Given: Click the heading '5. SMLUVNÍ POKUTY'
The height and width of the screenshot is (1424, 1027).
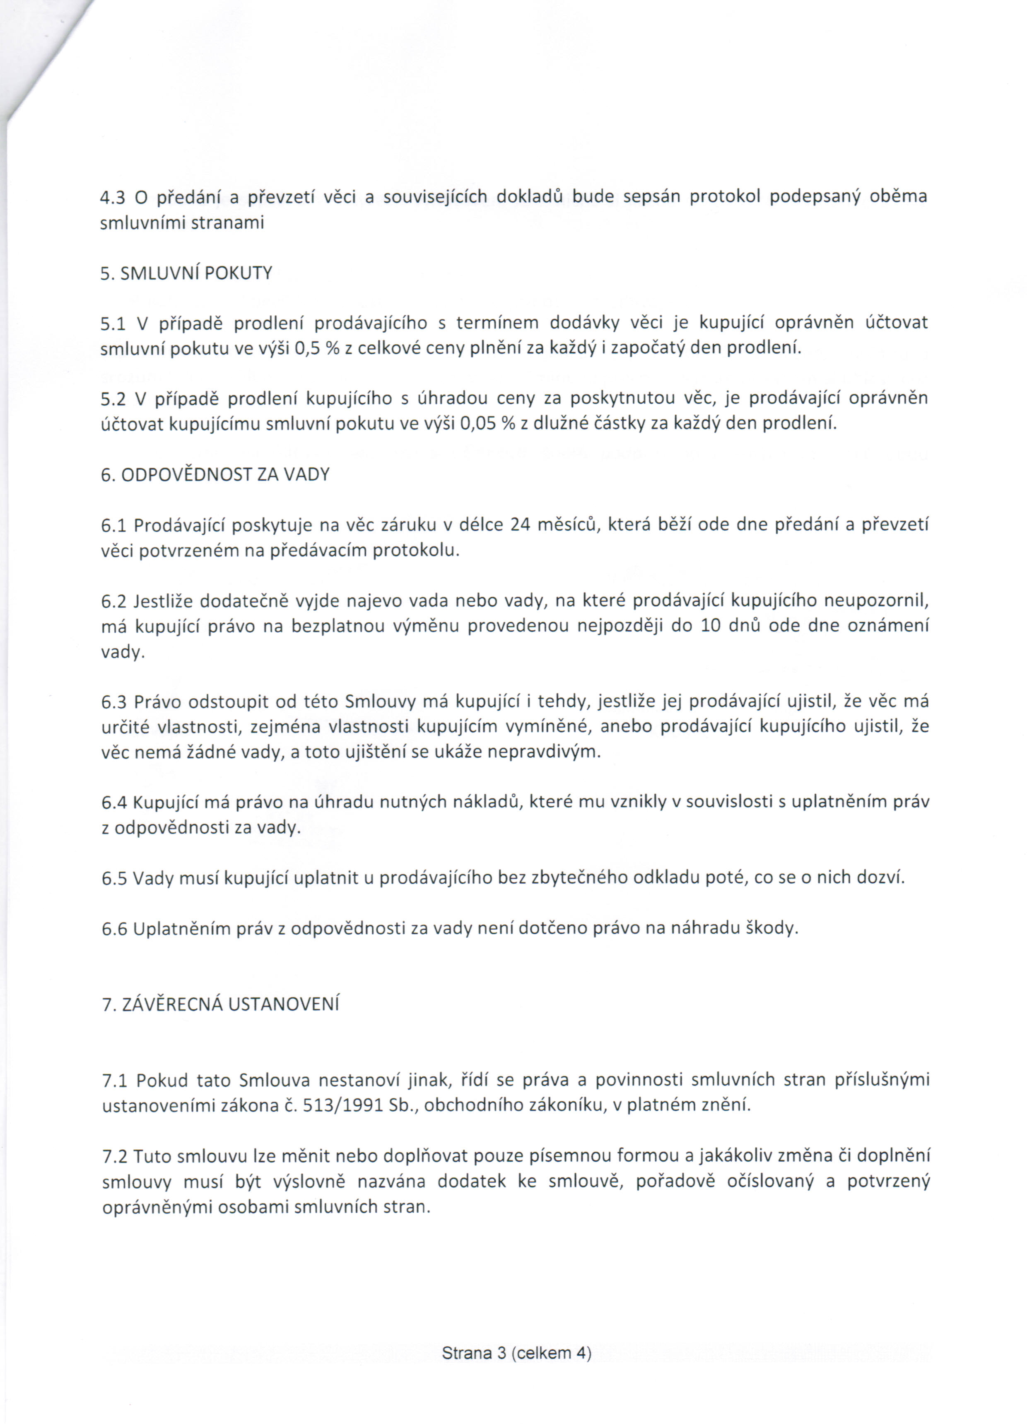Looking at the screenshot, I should click(186, 274).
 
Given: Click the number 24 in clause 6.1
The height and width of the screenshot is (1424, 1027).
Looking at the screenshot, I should click(521, 525).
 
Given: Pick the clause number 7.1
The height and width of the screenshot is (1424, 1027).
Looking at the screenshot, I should click(115, 1081).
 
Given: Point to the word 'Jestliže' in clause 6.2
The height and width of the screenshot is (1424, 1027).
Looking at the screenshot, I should click(163, 602).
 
